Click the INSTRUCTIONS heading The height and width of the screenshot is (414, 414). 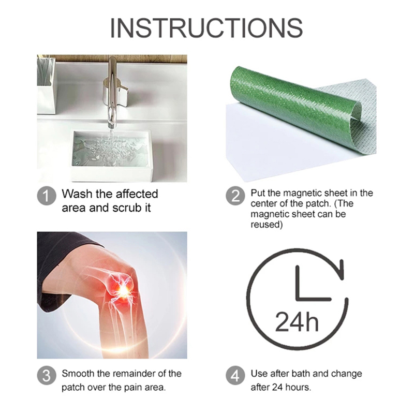[x=206, y=28]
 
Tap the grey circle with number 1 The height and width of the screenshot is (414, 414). [x=47, y=196]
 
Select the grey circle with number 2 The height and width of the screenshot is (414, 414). [x=235, y=196]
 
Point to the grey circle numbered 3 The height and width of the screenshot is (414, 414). [x=47, y=375]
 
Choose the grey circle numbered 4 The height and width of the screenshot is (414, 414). [x=235, y=375]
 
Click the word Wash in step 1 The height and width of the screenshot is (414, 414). [x=77, y=194]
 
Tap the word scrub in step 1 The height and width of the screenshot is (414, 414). [x=126, y=209]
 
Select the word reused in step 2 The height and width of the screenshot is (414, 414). [x=267, y=225]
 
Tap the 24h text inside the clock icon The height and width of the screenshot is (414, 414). [x=297, y=322]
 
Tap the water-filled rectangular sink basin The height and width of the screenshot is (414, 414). [x=112, y=149]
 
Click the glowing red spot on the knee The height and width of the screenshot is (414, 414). [x=123, y=290]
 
